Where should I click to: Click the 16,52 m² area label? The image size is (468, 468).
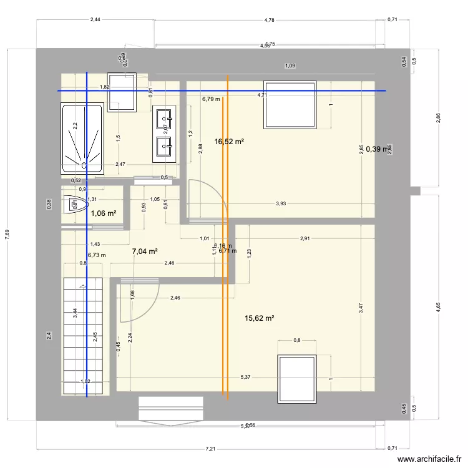228,142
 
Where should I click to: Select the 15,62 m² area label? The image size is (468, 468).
260,318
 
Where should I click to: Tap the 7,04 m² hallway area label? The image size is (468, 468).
144,251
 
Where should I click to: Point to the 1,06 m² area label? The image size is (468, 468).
104,213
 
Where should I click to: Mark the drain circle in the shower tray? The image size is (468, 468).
84,165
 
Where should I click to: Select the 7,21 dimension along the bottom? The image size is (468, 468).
211,449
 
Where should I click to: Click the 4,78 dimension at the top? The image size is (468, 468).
270,20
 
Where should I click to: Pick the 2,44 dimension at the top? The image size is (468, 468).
95,20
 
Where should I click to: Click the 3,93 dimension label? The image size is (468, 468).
281,203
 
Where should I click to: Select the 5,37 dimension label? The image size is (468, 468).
246,378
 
